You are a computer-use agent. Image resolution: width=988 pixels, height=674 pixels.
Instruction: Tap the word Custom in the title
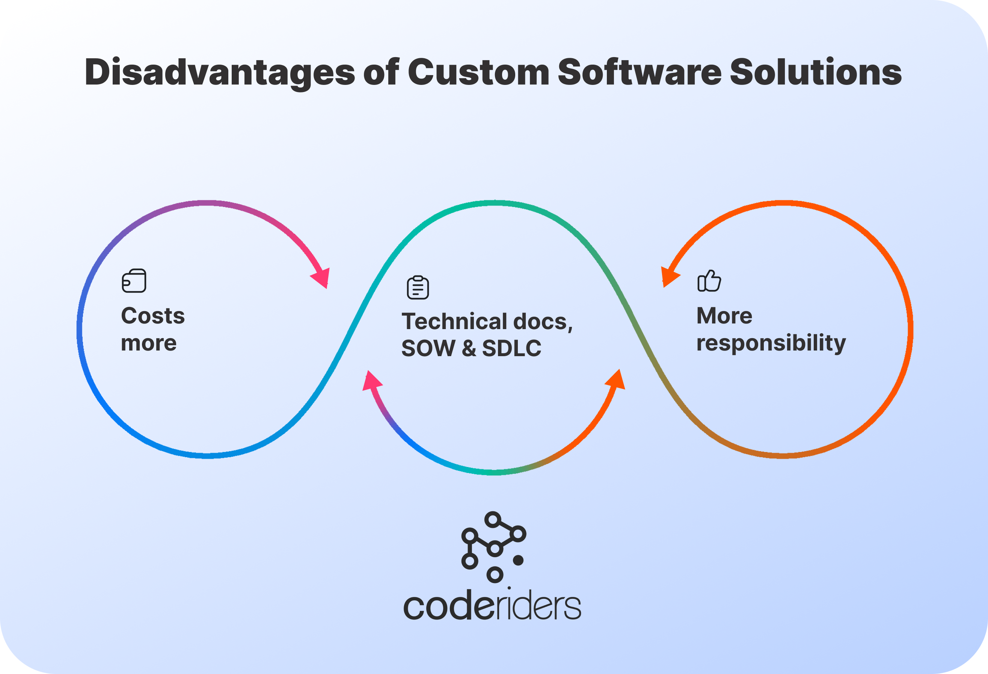tap(478, 72)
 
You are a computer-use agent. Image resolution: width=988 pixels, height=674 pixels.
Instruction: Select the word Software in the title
tap(640, 72)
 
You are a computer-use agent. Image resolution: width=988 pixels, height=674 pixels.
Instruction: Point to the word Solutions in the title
tap(815, 72)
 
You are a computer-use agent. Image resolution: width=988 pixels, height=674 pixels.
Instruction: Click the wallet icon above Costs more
tap(134, 281)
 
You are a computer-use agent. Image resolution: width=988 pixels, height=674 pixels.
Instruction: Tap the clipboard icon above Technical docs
tap(418, 287)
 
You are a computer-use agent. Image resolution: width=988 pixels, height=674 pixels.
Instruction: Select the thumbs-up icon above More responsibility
tap(709, 281)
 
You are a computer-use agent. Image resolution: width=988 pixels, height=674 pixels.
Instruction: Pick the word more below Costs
tap(149, 343)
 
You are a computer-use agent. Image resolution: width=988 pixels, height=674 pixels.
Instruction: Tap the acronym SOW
tap(428, 348)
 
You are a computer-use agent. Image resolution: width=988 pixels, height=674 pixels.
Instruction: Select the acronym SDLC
tap(511, 348)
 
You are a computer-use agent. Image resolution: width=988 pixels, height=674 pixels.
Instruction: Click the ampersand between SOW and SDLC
tap(469, 348)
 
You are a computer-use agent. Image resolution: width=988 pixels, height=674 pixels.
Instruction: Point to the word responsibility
tap(771, 343)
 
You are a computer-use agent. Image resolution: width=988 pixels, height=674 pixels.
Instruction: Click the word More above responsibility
tap(724, 316)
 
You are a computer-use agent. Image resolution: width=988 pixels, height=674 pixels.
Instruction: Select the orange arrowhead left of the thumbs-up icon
tap(669, 277)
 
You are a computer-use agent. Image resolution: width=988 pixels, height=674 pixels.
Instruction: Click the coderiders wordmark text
tap(492, 606)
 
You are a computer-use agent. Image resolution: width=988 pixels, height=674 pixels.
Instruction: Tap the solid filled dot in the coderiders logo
tap(518, 561)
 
